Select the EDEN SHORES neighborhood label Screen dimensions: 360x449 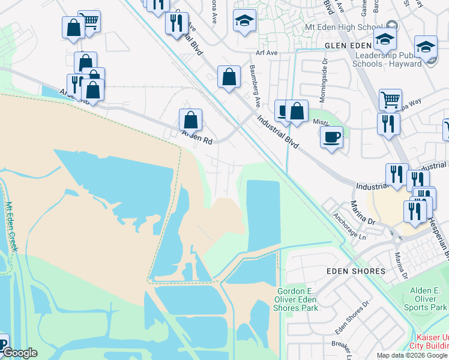[x=355, y=271]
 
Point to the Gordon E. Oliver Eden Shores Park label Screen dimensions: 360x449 [x=297, y=299]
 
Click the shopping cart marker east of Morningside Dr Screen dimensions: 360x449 [x=390, y=100]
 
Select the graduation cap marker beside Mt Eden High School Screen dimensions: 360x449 [x=385, y=40]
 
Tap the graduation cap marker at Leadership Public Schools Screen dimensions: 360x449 [x=426, y=46]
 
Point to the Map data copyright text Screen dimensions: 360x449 [x=412, y=355]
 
